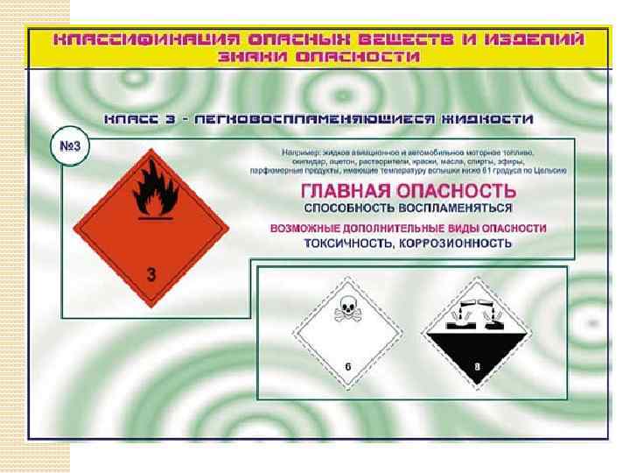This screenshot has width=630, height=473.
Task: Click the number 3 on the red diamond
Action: coord(151,274)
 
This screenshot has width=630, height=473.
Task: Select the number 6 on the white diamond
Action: coord(347,365)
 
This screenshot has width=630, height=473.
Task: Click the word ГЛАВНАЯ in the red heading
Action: coord(346,191)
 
